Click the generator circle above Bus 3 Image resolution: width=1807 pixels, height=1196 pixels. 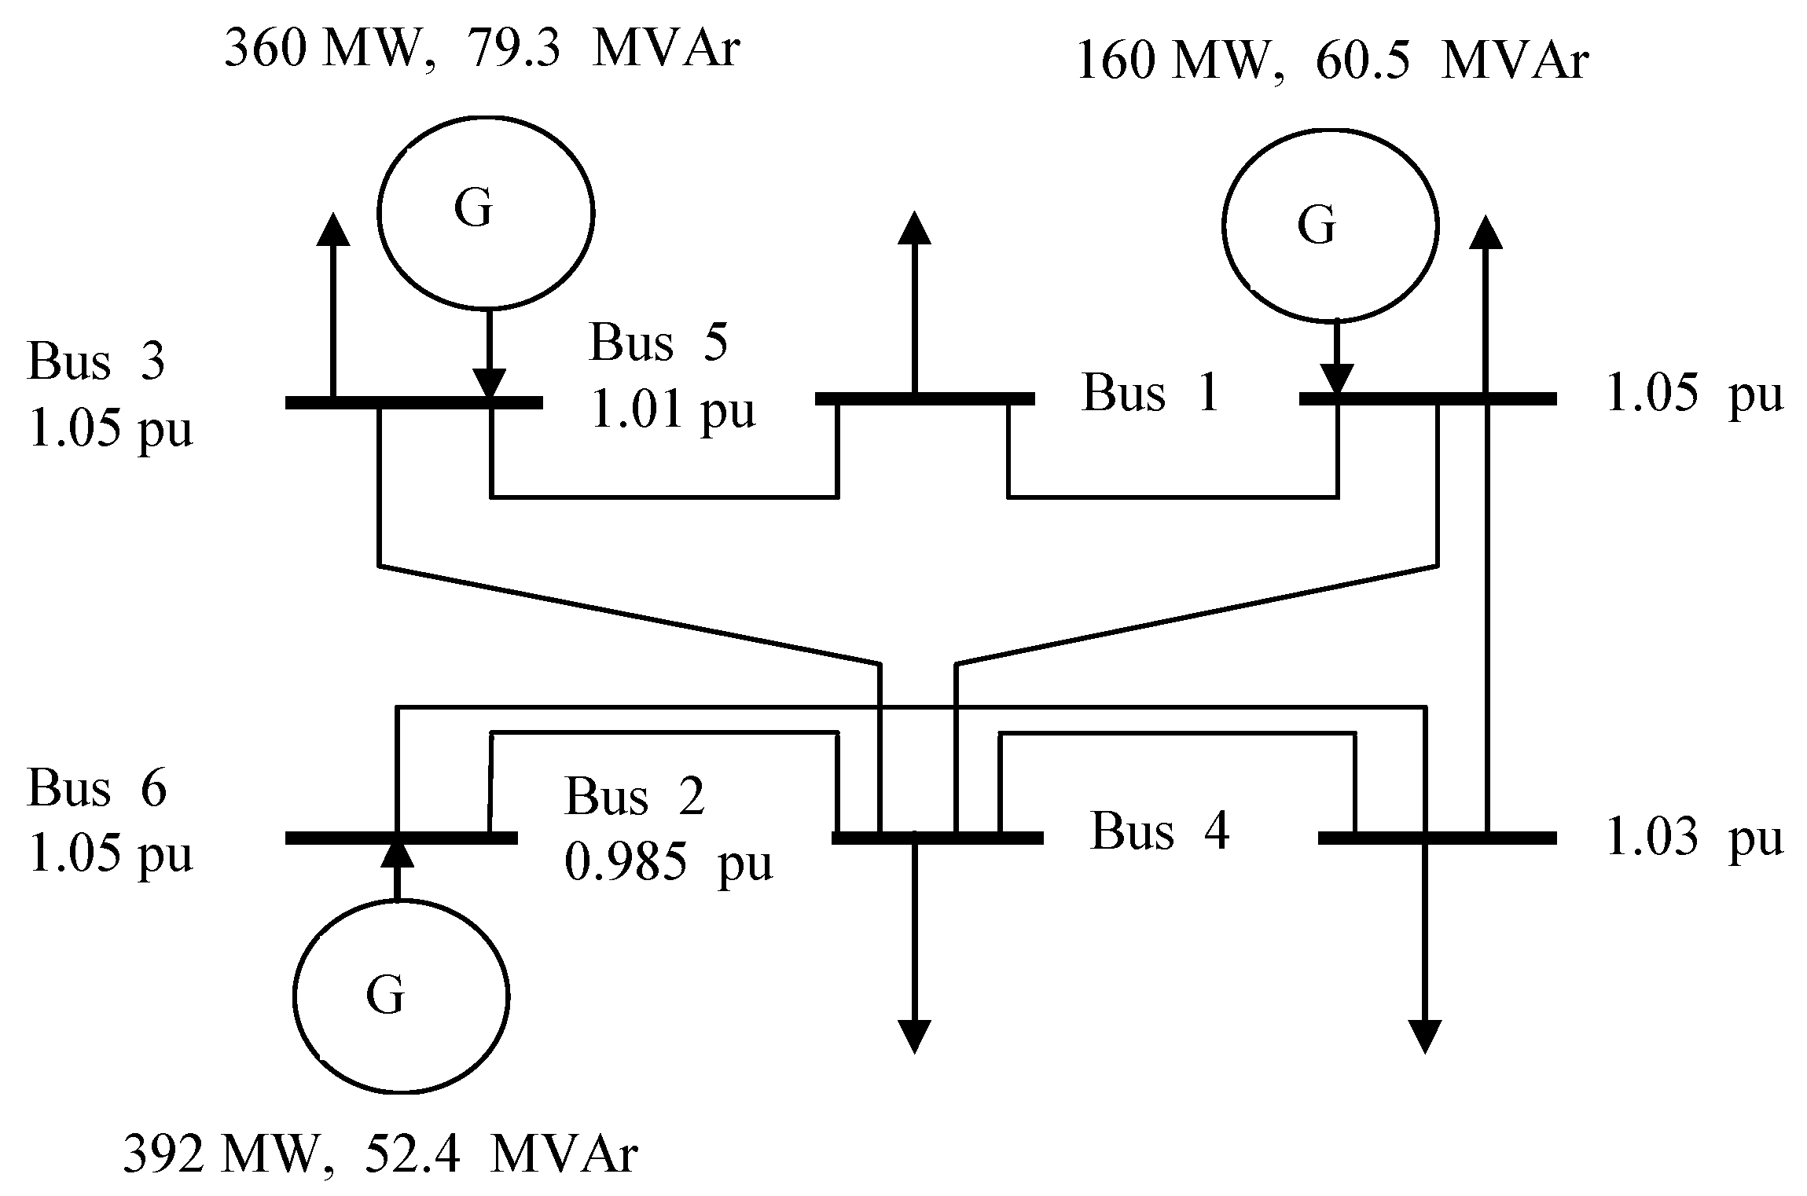(485, 211)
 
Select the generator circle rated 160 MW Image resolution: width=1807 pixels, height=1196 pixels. (1329, 226)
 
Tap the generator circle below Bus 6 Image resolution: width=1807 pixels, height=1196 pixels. (401, 996)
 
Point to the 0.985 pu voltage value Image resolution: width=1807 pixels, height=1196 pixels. (668, 864)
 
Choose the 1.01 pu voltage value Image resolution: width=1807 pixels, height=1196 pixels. (672, 409)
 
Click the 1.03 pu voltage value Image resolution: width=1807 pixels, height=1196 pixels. (1693, 838)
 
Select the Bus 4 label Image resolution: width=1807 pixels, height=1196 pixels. (1159, 831)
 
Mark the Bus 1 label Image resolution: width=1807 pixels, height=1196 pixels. (1150, 392)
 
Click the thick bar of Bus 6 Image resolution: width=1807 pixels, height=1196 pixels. (401, 838)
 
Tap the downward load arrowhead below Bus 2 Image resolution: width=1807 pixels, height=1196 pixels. (914, 1036)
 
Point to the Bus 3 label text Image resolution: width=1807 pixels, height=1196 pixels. (96, 361)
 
